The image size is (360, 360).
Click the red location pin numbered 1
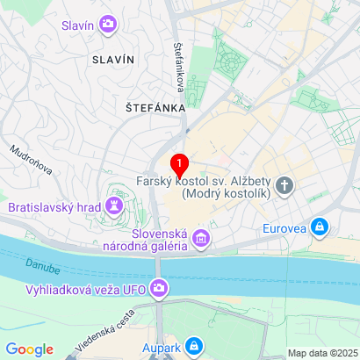[x=179, y=164]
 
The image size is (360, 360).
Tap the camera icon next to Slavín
[x=108, y=25]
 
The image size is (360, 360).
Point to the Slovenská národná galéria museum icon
[x=202, y=238]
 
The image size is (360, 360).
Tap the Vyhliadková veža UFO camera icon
[x=159, y=287]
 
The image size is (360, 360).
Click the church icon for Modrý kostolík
[x=284, y=185]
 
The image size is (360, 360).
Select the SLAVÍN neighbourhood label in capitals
[x=113, y=59]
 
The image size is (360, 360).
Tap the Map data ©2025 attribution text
[x=321, y=353]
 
